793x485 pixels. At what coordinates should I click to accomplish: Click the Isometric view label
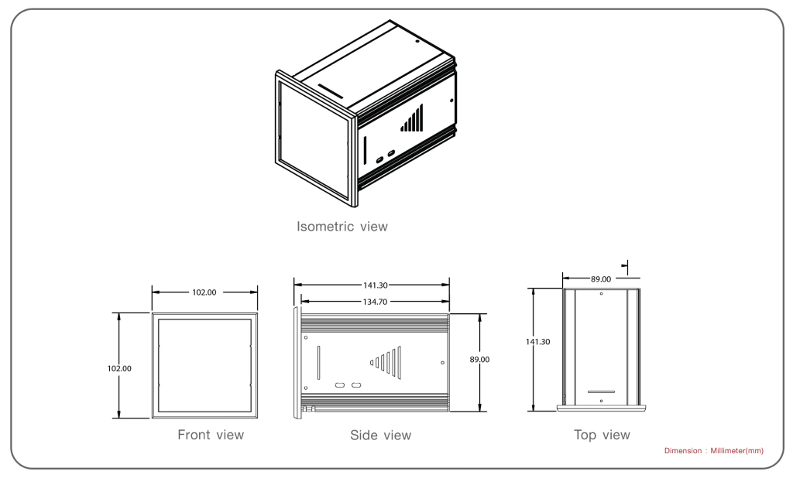342,227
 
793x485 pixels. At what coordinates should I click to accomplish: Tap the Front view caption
211,435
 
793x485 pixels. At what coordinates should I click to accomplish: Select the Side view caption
380,435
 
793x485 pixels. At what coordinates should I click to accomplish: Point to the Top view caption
602,435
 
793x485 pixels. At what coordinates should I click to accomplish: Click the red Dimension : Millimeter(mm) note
713,451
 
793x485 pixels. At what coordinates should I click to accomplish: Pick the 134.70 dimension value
375,302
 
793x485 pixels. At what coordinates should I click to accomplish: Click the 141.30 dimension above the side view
375,285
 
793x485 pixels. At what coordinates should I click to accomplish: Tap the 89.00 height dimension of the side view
479,360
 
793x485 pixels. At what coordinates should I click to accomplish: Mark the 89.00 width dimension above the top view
601,278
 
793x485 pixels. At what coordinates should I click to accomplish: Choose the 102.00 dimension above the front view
204,292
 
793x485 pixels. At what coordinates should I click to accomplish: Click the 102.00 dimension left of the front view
119,368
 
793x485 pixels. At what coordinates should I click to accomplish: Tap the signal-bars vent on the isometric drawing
412,119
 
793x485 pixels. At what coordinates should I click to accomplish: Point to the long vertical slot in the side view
318,362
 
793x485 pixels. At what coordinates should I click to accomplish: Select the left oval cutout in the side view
339,385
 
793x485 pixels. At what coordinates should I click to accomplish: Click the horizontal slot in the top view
601,392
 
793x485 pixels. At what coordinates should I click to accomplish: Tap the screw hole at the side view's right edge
442,363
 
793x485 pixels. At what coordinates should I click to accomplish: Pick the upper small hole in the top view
602,294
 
